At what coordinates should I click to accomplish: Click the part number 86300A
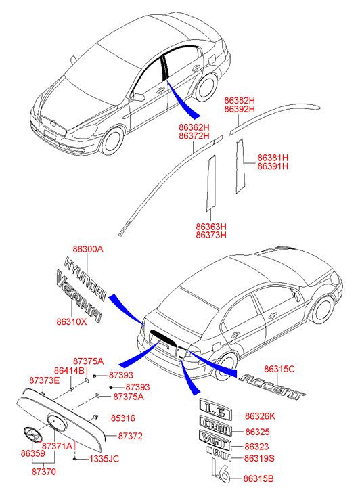pos(88,250)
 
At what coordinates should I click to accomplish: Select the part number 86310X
pos(72,322)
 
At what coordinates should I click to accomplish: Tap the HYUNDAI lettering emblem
pos(85,279)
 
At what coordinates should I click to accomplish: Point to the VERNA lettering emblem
pos(78,296)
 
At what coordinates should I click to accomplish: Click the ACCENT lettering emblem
pos(272,387)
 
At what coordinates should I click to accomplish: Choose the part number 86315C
pos(279,369)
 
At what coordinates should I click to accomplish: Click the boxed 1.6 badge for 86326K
pos(216,409)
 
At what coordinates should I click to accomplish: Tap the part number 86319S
pos(259,458)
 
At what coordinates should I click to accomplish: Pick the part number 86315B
pos(258,479)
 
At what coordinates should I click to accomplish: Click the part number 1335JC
pos(104,459)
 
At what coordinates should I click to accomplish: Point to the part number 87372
pos(130,436)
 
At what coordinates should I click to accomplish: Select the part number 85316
pos(123,418)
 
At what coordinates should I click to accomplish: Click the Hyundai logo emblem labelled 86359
pos(32,434)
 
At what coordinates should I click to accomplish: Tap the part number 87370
pos(44,472)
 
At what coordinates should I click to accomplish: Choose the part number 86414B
pos(69,371)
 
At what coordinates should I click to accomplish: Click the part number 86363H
pos(211,227)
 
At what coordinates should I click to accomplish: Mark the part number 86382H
pos(240,101)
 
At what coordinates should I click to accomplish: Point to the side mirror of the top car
pos(137,97)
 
